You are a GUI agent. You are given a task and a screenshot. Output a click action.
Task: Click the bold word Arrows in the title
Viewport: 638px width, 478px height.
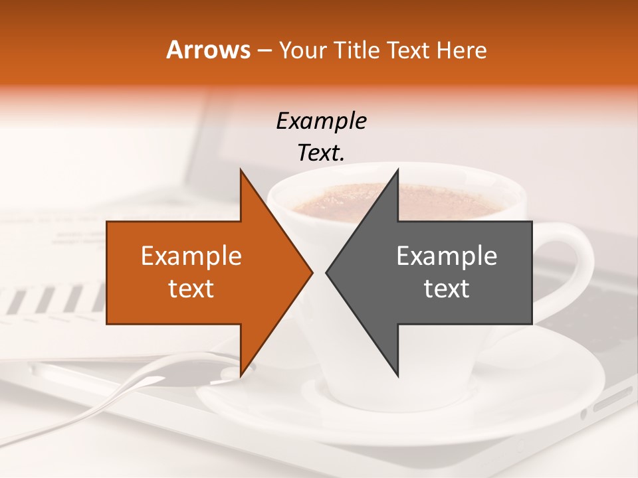tap(209, 50)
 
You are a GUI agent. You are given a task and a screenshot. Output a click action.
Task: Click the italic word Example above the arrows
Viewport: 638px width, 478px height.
tap(321, 121)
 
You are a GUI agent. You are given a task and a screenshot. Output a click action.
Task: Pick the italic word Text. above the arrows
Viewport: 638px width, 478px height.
tap(321, 153)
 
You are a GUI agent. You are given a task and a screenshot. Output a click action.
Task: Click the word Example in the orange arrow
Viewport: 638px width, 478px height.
tap(191, 256)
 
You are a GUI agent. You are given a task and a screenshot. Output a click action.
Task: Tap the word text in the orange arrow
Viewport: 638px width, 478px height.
tap(191, 288)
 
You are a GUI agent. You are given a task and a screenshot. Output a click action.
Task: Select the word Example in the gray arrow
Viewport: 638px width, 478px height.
tap(447, 256)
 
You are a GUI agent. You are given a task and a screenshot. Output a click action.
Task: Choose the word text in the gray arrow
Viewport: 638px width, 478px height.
tap(447, 288)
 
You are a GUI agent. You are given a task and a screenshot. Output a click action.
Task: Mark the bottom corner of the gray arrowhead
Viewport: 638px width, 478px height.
tap(397, 374)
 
